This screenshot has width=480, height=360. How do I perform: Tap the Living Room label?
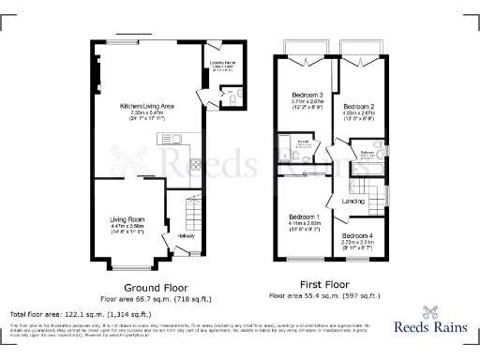click(127, 218)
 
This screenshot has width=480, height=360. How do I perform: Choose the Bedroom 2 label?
click(358, 107)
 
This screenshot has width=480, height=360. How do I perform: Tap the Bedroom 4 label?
click(357, 235)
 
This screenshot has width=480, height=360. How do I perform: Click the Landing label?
click(353, 201)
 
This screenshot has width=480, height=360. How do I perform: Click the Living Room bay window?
click(127, 267)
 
